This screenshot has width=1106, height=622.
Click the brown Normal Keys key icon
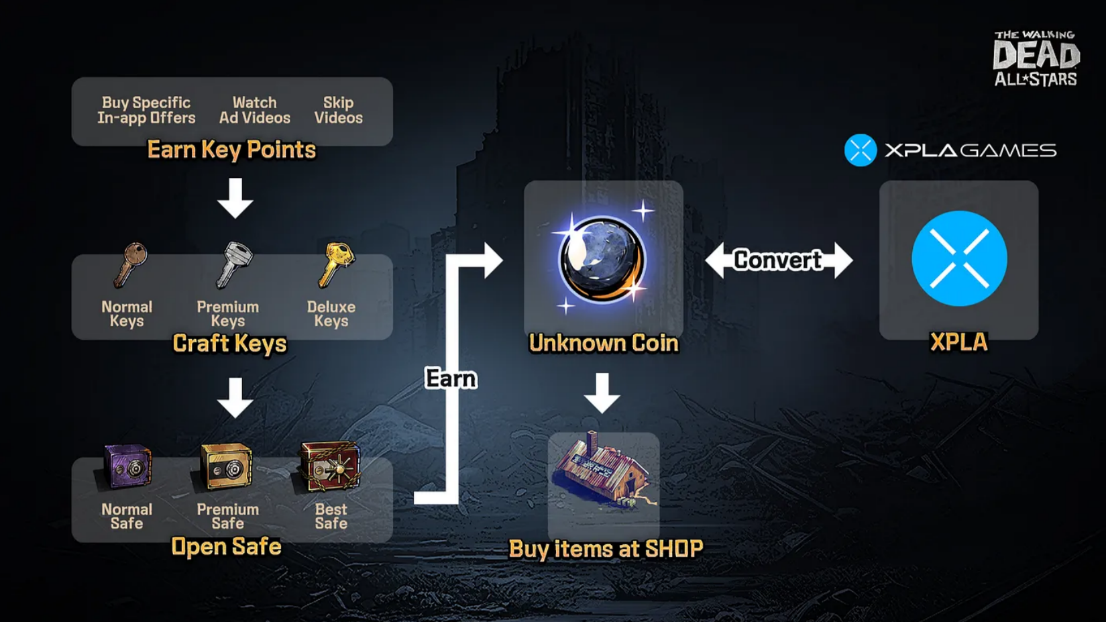(x=130, y=265)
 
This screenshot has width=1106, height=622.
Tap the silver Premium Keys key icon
(x=233, y=264)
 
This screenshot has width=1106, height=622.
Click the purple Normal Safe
(x=127, y=466)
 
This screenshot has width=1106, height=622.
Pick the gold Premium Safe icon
(x=226, y=466)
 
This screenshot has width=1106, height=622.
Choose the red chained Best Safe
(x=330, y=466)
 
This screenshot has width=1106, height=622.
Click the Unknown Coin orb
(x=602, y=260)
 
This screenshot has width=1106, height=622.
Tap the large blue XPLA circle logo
(x=959, y=258)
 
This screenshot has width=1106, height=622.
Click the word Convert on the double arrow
(x=777, y=260)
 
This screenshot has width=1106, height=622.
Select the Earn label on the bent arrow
(x=451, y=379)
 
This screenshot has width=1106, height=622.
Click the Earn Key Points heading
(x=231, y=150)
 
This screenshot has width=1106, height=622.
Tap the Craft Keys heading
(x=229, y=344)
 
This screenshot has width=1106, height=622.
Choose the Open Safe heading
(x=226, y=546)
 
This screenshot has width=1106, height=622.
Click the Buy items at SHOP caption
(x=606, y=549)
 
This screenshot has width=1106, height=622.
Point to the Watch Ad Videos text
(x=255, y=110)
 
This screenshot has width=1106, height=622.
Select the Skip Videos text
(x=339, y=110)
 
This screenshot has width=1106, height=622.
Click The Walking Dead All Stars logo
(x=1036, y=58)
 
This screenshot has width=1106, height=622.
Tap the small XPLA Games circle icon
(x=861, y=150)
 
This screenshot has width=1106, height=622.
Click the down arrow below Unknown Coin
(x=602, y=393)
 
